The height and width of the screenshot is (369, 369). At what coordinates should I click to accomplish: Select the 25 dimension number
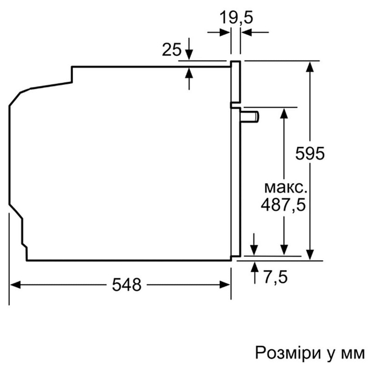click(171, 50)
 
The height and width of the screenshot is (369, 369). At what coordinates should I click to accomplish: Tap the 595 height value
click(310, 153)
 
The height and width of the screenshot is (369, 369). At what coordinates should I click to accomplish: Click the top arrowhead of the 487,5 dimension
click(284, 113)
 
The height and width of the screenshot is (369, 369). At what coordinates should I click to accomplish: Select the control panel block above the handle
click(235, 82)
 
